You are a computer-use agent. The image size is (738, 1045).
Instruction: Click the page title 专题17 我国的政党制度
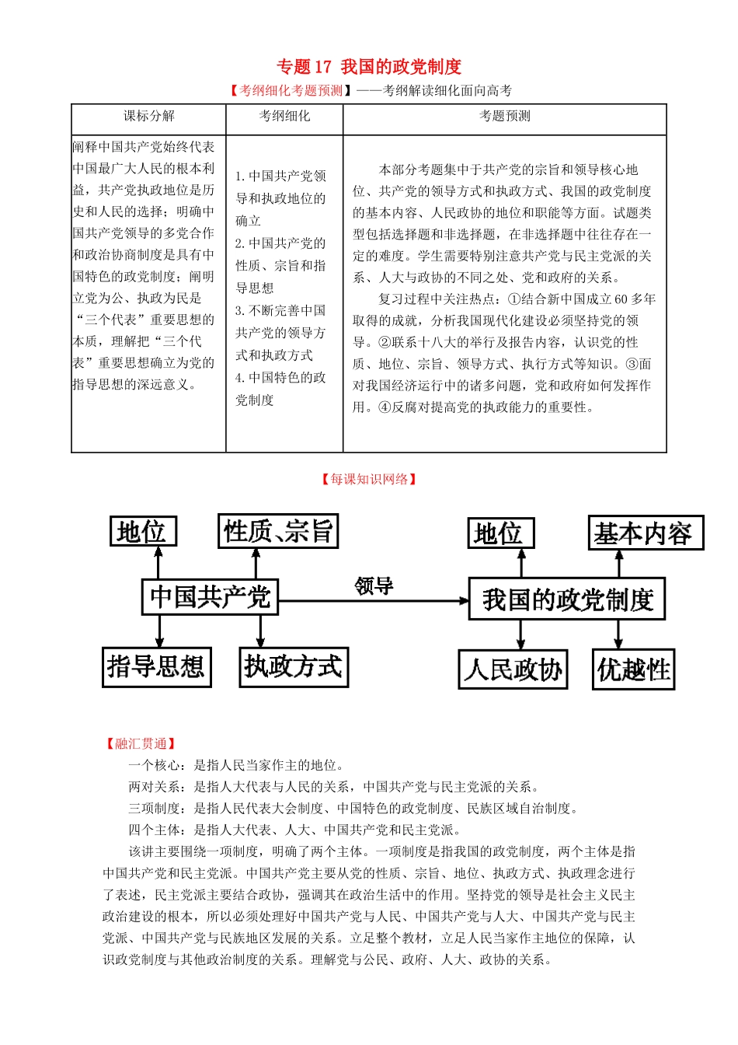369,67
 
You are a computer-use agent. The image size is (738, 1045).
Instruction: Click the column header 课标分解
148,116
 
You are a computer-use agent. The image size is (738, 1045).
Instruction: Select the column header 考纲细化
284,116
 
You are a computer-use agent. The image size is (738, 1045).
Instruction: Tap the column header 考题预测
504,116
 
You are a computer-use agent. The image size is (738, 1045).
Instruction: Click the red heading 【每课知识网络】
369,479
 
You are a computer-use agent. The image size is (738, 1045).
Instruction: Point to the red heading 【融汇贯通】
141,743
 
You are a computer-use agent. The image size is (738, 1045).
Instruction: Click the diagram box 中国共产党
210,596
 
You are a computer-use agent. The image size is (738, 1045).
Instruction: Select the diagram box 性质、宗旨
278,532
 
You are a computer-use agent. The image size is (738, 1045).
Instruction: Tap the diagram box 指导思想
156,667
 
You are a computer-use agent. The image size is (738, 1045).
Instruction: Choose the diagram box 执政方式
294,667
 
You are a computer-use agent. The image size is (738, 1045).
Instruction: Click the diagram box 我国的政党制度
567,599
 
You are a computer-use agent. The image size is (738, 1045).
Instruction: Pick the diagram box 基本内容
645,533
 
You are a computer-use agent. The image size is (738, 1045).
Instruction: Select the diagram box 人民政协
513,669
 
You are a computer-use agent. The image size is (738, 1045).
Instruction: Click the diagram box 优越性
633,669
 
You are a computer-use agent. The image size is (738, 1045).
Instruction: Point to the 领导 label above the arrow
374,585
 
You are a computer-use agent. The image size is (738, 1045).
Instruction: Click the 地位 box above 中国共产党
143,532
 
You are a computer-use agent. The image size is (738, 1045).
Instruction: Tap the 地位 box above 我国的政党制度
500,533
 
